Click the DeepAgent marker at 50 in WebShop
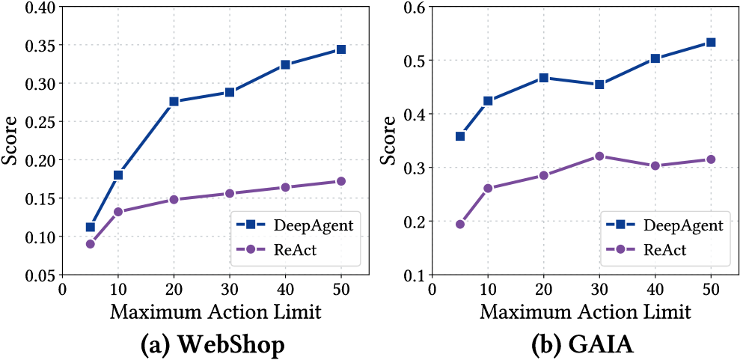340,49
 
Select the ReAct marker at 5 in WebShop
91,243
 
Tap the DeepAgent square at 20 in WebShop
174,102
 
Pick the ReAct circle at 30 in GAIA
599,156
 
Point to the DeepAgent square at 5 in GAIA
460,136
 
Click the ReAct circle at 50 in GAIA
711,159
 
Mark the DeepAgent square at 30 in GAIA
599,85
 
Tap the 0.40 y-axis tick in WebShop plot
38,7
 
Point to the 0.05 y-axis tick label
38,275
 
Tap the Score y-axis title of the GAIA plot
388,142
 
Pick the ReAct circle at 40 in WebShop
285,187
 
